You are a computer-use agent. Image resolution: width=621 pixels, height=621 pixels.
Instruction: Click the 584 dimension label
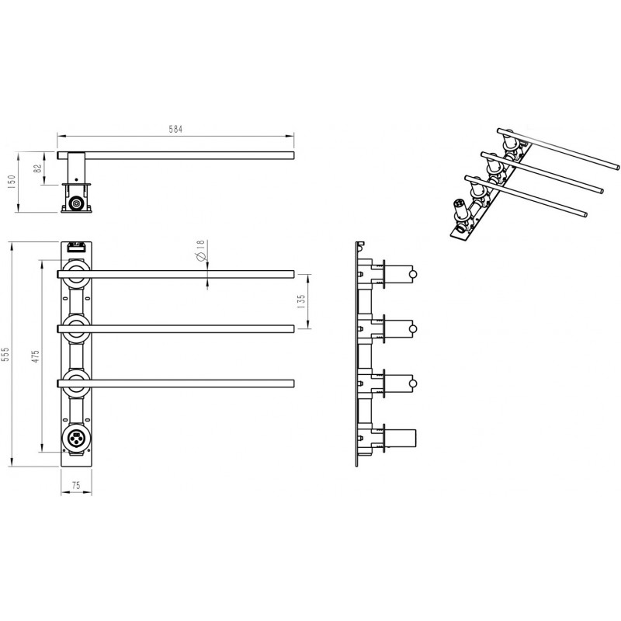(175, 129)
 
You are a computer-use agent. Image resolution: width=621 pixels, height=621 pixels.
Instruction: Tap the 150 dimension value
(11, 182)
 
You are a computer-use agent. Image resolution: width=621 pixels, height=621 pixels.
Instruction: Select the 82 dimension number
(38, 168)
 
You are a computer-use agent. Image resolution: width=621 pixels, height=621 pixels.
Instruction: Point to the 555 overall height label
(5, 355)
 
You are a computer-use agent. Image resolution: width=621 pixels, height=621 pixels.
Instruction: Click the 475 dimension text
(36, 356)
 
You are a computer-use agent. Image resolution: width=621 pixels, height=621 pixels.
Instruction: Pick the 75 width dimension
(76, 485)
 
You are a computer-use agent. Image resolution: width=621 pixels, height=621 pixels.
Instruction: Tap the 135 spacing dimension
(301, 301)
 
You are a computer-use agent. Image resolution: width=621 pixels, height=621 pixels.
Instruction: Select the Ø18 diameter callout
(200, 250)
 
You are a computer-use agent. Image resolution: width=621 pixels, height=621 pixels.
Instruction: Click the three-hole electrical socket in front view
(76, 439)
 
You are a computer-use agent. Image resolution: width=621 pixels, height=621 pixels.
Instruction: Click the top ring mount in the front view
(76, 273)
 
